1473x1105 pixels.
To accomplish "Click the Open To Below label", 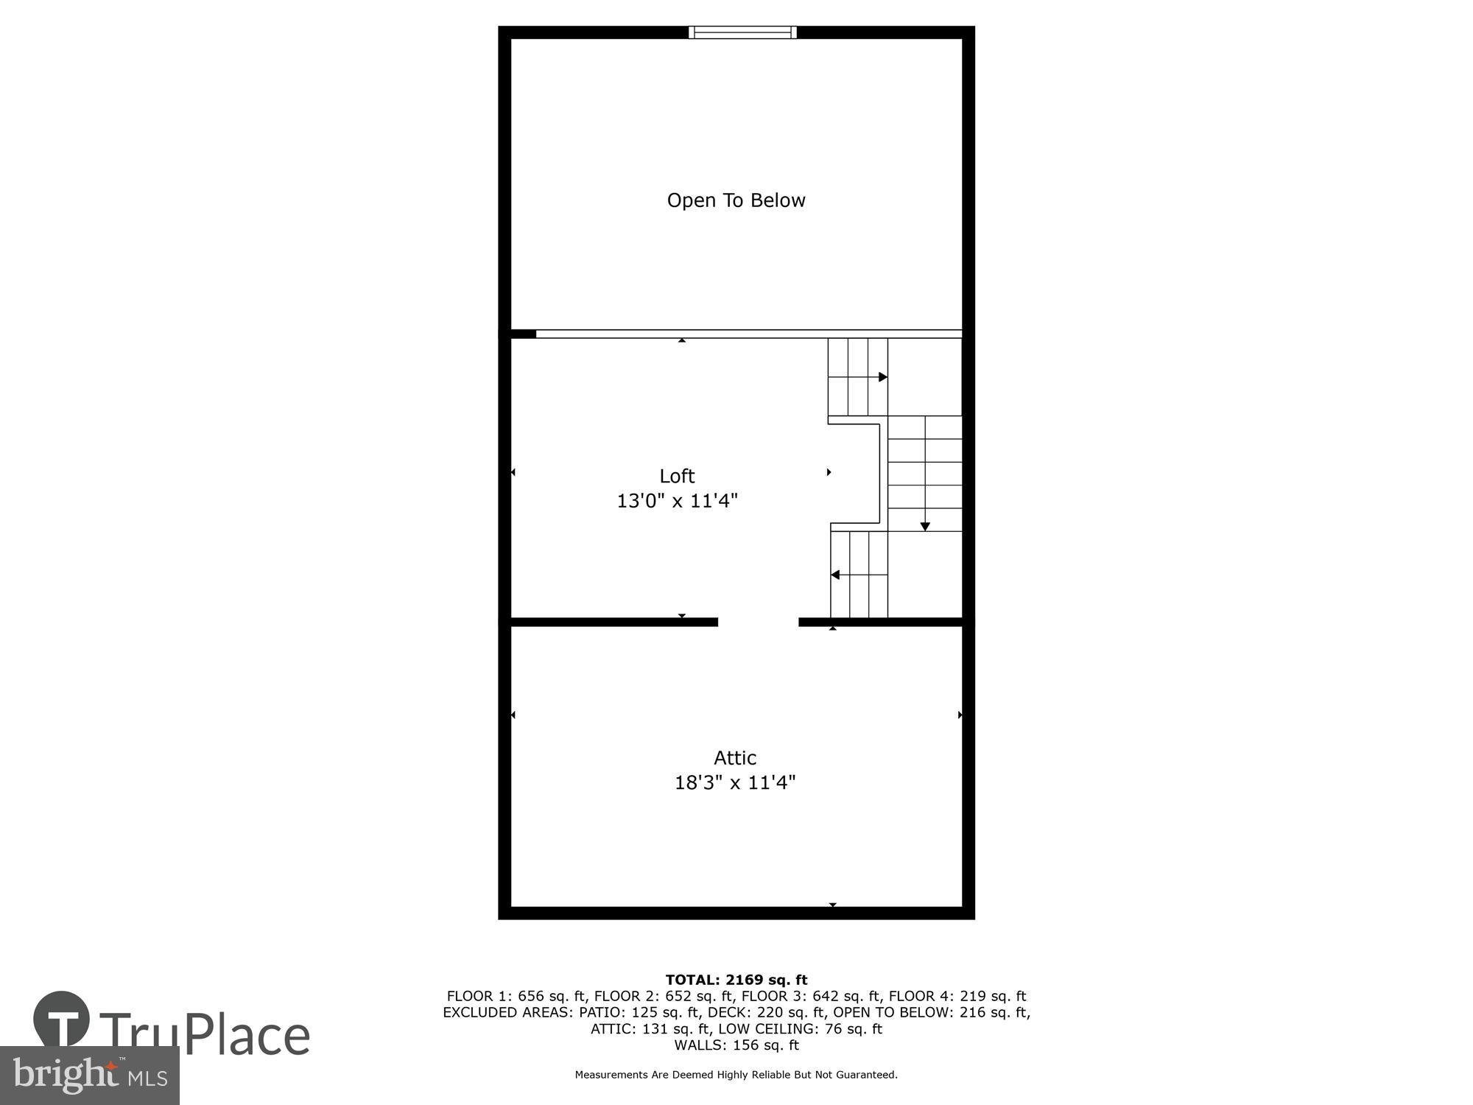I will click(x=736, y=200).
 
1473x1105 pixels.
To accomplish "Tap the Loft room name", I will click(x=677, y=476).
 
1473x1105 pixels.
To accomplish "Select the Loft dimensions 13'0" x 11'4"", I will click(x=677, y=501).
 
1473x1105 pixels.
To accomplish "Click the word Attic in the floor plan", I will click(x=735, y=757).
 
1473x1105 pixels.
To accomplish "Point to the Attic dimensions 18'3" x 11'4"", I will click(x=735, y=782).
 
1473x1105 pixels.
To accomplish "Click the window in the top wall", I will click(x=742, y=32).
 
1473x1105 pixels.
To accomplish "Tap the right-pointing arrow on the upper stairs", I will click(x=882, y=377).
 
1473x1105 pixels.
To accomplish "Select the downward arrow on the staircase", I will click(x=925, y=526).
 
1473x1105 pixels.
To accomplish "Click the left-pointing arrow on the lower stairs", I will click(x=836, y=575).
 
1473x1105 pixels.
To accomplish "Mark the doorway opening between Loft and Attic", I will click(x=758, y=622).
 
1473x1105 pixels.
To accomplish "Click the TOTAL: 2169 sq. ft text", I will click(x=736, y=980).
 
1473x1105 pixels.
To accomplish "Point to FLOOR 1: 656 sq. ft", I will click(x=516, y=996).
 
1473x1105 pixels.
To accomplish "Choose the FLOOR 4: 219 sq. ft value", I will click(x=957, y=996).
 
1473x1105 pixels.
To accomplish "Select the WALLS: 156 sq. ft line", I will click(x=736, y=1045).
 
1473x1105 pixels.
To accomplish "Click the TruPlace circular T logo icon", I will click(x=62, y=1020).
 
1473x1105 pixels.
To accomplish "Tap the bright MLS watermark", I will click(x=90, y=1076).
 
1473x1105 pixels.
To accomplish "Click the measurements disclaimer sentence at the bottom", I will click(x=736, y=1075).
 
